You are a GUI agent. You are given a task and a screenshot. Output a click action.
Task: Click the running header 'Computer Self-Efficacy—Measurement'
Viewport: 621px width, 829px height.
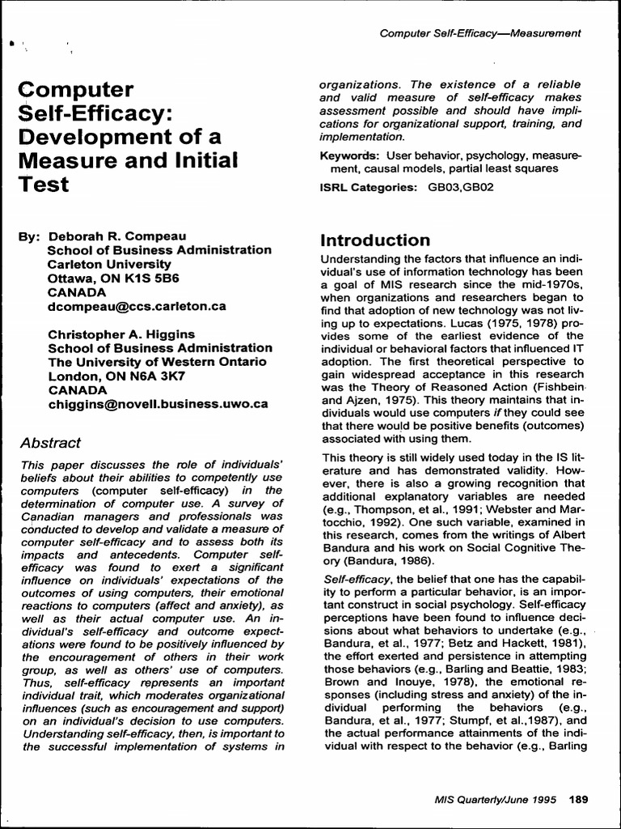(480, 32)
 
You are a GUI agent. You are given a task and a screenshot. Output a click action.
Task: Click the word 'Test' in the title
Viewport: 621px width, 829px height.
(44, 184)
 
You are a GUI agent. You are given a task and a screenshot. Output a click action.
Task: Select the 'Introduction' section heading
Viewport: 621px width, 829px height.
(375, 240)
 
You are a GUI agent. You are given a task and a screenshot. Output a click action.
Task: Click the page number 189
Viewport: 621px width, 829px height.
(579, 799)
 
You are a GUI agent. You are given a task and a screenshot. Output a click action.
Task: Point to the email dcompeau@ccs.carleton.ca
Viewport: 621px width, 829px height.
(137, 307)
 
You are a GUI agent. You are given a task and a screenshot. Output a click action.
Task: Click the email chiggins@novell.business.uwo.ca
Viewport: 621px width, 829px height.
(158, 404)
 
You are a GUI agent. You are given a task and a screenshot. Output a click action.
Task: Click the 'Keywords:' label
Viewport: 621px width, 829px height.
(350, 155)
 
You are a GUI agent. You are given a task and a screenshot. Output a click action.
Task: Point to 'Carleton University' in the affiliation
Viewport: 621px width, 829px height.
(109, 264)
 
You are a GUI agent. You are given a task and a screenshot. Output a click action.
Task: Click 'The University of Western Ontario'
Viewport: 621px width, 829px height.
(157, 362)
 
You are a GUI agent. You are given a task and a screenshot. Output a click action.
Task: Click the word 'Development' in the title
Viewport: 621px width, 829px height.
(90, 135)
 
